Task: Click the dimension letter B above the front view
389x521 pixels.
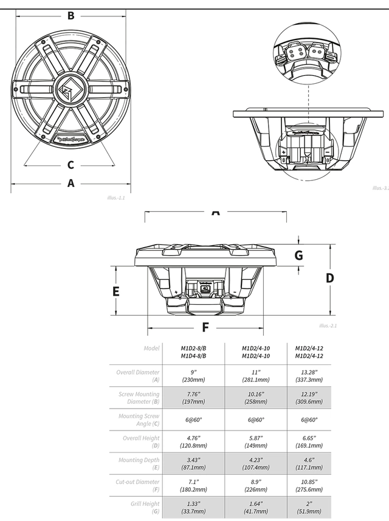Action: (71, 16)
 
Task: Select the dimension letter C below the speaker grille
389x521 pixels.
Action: (71, 165)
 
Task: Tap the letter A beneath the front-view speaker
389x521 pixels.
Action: (71, 183)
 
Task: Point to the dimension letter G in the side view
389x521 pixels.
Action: (298, 255)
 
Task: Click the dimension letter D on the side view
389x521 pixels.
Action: (329, 278)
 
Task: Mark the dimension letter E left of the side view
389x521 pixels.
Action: (116, 291)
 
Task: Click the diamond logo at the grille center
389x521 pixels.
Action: (69, 90)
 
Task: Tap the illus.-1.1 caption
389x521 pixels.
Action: (115, 198)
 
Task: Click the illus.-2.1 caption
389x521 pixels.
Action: (328, 326)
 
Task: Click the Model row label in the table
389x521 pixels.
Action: (151, 349)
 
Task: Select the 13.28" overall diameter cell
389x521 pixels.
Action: (309, 375)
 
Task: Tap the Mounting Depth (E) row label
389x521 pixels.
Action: (139, 464)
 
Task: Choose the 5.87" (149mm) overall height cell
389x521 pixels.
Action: (255, 441)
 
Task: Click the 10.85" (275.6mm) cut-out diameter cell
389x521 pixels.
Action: (309, 486)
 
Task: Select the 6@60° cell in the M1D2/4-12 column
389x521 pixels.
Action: (309, 420)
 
